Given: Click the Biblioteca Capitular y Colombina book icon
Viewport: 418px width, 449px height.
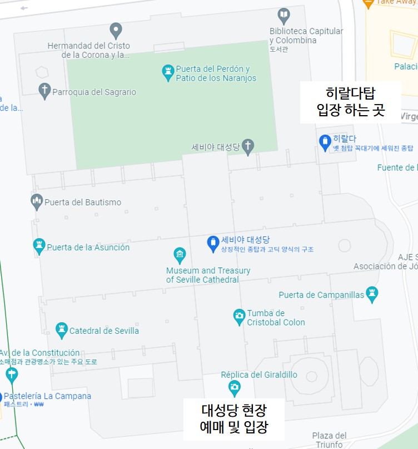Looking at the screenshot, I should coord(284,14).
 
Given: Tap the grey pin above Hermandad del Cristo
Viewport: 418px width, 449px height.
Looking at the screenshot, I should coord(116,29).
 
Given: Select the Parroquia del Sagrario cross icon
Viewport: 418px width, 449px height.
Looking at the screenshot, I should coord(44,91).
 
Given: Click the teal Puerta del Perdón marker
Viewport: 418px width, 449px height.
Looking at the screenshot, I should coord(168,72).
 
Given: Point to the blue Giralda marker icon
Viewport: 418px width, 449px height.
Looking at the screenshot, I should coord(325,142).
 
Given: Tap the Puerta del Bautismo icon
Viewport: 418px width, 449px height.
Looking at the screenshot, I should coord(37,201).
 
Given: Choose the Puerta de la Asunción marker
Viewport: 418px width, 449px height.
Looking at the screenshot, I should coord(39,246).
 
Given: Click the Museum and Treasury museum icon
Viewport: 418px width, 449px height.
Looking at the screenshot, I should coord(180,255).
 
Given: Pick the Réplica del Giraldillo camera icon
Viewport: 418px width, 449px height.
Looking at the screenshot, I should coord(235,386).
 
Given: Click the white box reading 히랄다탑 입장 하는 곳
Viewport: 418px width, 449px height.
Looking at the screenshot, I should coord(350,102).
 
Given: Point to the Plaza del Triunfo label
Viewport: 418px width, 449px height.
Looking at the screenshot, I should coord(329,440).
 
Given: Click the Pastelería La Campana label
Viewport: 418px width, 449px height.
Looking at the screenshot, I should coord(47,396).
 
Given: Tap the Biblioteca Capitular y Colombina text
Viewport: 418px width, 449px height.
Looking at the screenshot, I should coord(306,36).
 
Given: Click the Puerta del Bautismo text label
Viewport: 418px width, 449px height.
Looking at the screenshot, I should coord(83,202).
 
